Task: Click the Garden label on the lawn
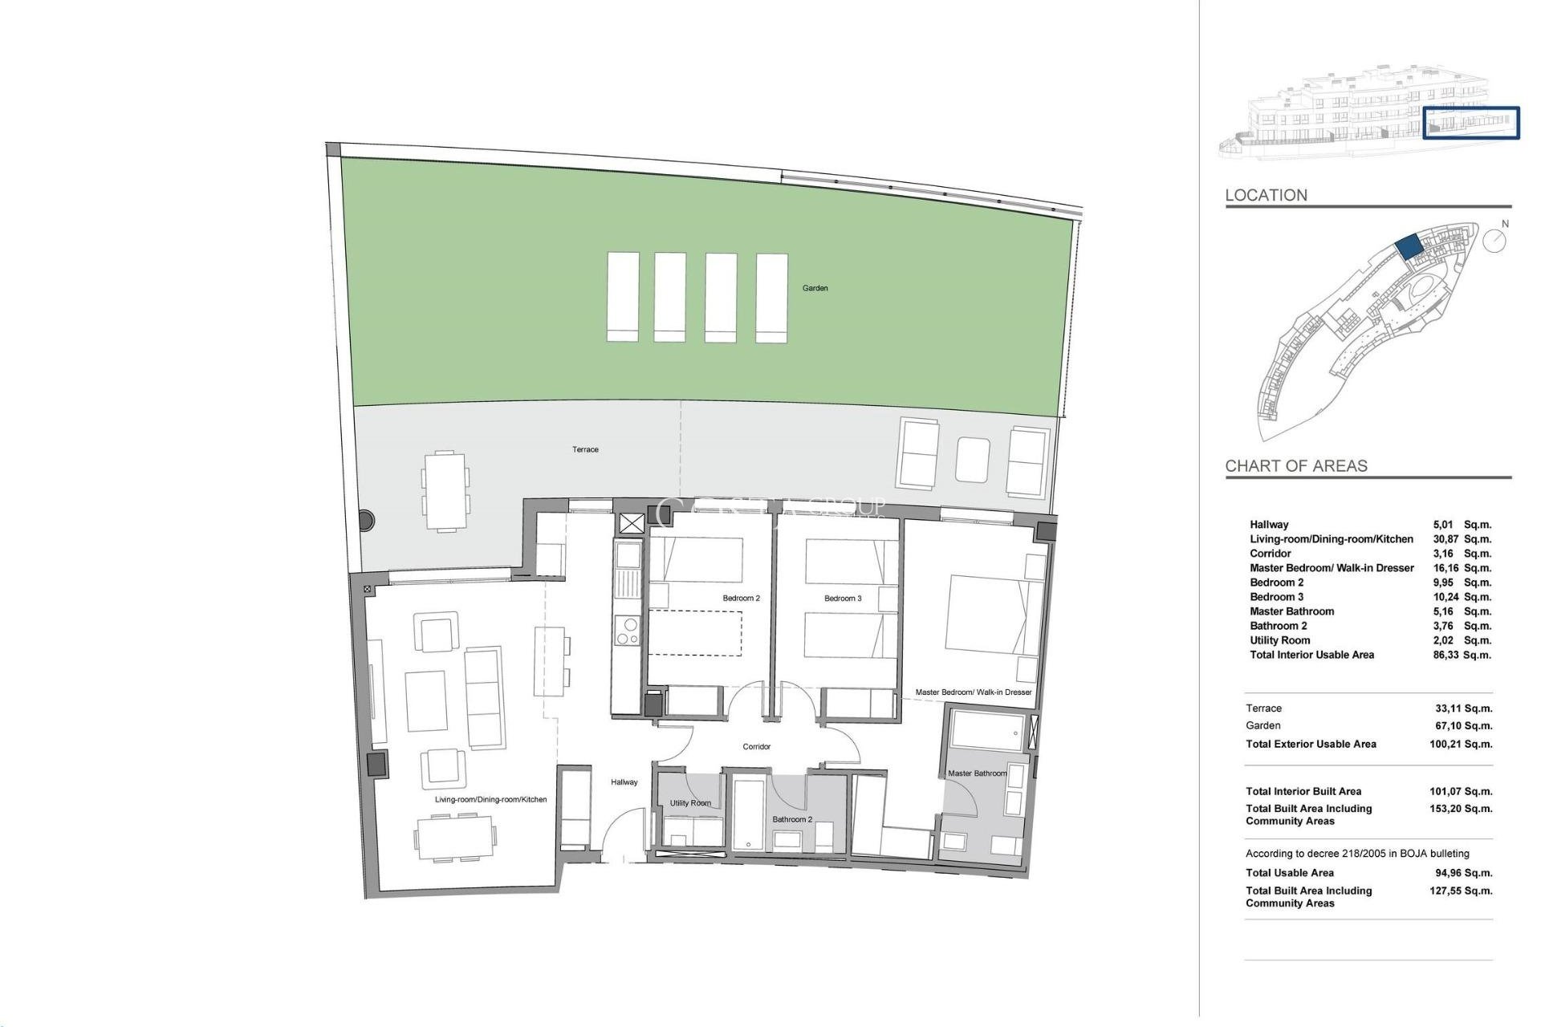815,288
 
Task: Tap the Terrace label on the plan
585,449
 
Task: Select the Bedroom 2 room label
741,598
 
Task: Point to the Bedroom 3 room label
843,598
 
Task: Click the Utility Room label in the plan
690,803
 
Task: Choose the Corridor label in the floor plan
756,746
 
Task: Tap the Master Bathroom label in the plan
977,773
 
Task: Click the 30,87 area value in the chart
1445,539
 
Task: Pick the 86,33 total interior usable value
1445,655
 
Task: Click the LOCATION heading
1266,195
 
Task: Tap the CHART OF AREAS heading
1295,465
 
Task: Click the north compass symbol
1494,240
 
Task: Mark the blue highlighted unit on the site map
1409,246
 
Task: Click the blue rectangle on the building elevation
1471,123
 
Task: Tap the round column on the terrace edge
366,520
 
